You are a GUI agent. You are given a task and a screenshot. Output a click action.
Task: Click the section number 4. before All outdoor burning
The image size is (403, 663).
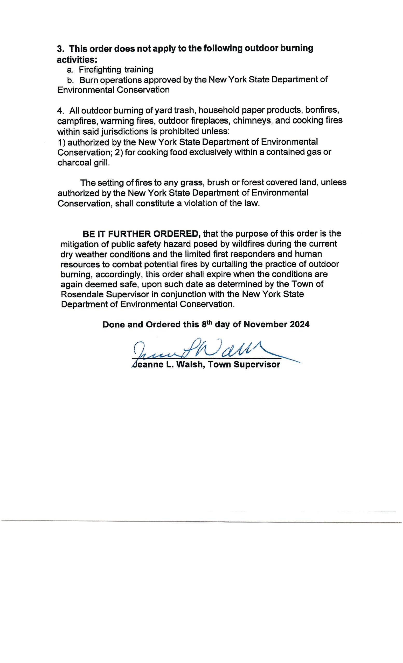61,111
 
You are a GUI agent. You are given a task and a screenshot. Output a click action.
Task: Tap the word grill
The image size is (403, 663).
102,163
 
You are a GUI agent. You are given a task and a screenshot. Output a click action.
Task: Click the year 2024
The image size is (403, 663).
299,325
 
